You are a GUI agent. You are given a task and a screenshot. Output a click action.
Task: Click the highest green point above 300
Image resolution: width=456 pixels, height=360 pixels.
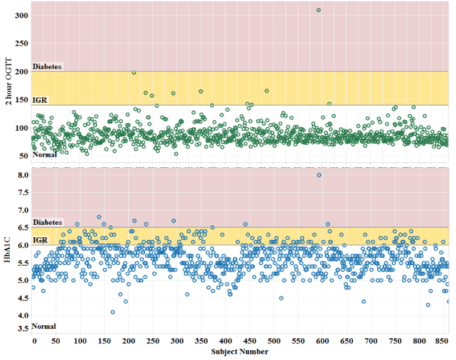319,10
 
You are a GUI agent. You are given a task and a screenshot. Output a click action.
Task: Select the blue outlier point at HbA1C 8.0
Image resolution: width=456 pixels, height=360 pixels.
319,175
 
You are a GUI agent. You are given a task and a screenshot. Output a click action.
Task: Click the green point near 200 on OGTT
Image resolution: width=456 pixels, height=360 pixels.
134,72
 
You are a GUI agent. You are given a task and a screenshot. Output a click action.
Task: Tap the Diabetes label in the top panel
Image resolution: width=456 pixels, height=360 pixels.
47,67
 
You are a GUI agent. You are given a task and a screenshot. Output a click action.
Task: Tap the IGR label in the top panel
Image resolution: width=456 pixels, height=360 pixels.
40,100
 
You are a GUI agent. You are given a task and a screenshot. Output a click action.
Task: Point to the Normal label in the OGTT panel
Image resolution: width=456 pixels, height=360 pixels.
44,155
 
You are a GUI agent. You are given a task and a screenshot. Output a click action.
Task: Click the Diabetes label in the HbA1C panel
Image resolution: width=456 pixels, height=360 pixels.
47,222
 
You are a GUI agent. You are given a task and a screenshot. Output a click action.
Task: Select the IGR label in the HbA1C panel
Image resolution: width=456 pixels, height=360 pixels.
40,240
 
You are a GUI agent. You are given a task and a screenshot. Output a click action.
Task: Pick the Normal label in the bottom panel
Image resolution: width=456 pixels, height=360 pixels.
44,326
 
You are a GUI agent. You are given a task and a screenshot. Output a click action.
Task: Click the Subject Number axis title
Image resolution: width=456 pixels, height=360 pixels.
239,352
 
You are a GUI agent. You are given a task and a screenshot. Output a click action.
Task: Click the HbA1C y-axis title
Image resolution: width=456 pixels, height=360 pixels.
7,251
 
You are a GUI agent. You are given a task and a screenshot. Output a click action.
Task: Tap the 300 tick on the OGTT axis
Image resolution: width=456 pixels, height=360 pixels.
21,15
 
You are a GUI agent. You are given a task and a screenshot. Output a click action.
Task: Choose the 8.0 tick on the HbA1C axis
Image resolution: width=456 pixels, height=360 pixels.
22,175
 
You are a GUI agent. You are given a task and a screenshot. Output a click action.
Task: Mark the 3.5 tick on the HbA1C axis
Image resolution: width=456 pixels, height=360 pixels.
22,329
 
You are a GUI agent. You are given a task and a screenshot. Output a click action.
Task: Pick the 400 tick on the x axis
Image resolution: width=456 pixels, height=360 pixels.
226,341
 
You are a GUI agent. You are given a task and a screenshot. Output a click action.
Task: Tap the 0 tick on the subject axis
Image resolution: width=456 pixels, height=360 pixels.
34,341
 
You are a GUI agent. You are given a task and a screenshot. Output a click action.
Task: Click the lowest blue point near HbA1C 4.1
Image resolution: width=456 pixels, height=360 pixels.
113,312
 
